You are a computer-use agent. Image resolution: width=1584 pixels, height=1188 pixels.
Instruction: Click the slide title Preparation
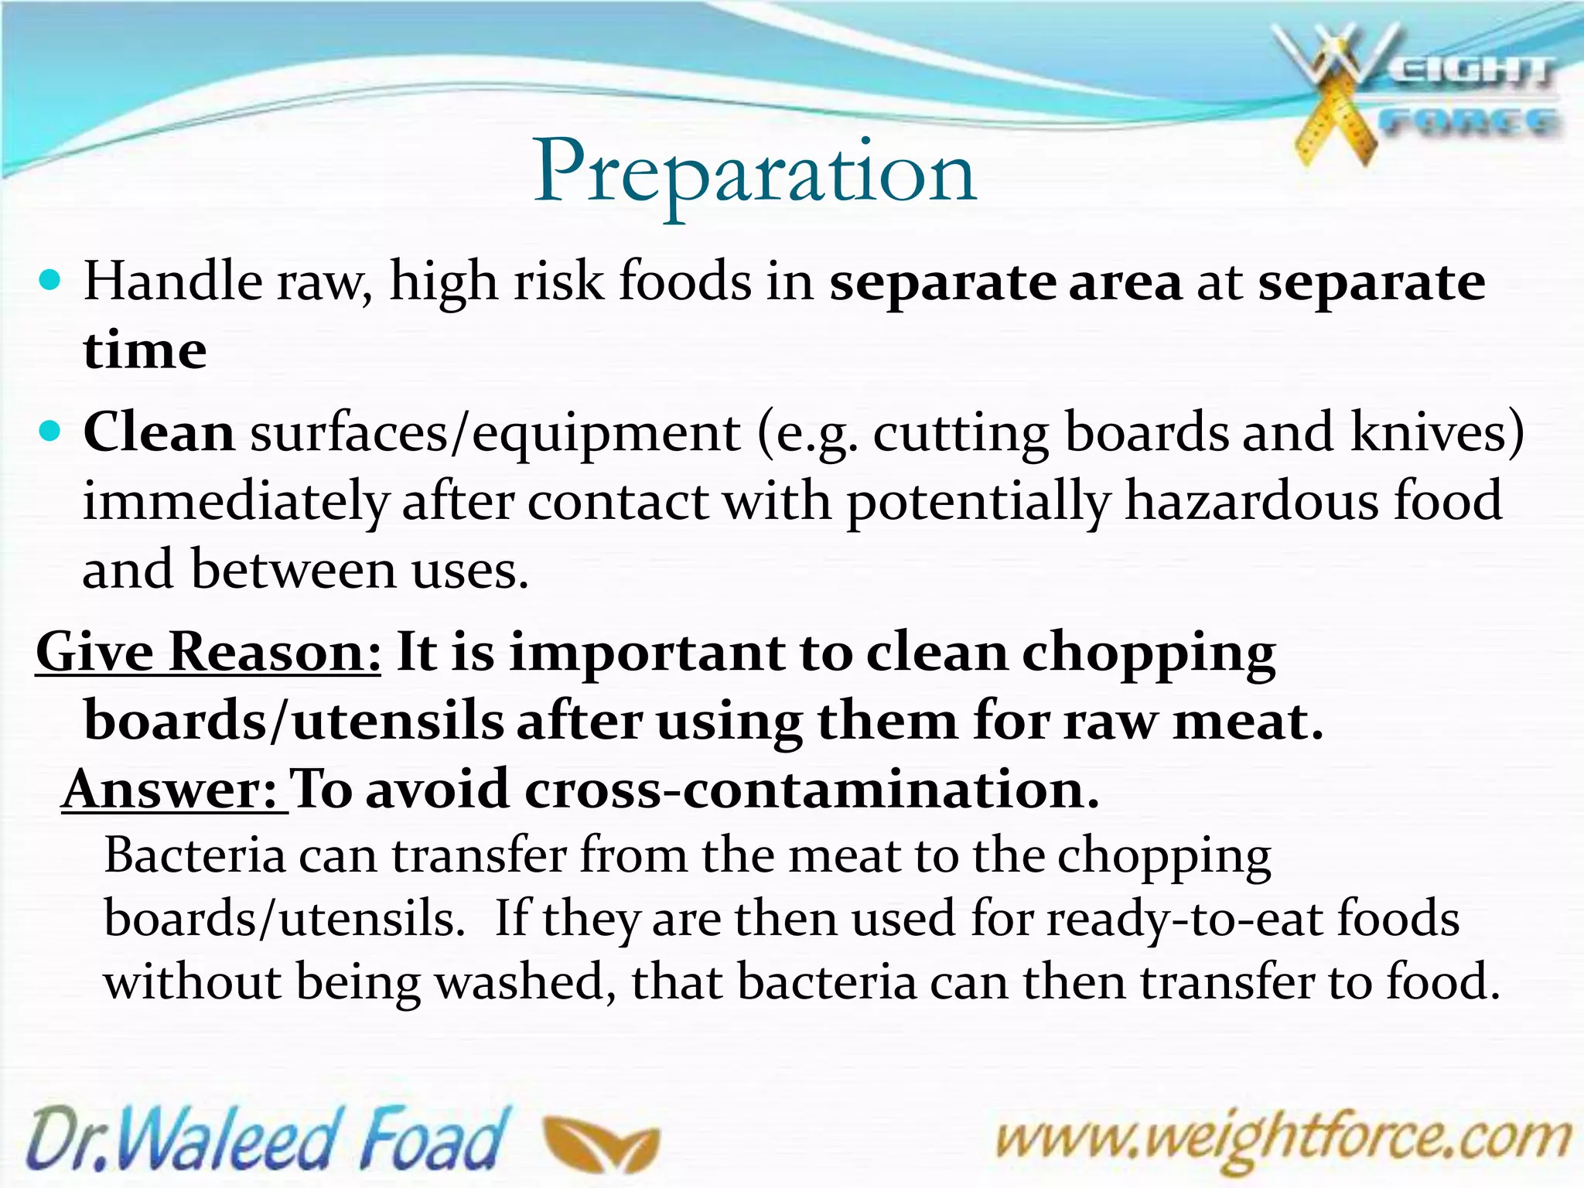pyautogui.click(x=755, y=173)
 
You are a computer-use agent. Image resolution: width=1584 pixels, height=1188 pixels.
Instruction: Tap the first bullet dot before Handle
pyautogui.click(x=49, y=280)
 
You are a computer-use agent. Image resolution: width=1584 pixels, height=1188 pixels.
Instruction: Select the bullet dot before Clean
pyautogui.click(x=49, y=431)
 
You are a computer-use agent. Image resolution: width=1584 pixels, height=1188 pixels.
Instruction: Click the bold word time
pyautogui.click(x=145, y=350)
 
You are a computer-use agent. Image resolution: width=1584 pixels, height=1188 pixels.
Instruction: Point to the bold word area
pyautogui.click(x=1125, y=282)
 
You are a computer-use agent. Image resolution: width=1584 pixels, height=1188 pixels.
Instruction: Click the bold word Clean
pyautogui.click(x=159, y=432)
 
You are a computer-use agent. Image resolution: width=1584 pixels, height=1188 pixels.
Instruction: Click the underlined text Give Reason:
pyautogui.click(x=209, y=652)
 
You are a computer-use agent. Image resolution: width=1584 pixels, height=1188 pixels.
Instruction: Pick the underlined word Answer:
pyautogui.click(x=173, y=790)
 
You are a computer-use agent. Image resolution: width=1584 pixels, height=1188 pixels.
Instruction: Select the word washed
pyautogui.click(x=525, y=982)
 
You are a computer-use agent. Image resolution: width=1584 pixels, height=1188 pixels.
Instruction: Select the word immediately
pyautogui.click(x=234, y=502)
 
